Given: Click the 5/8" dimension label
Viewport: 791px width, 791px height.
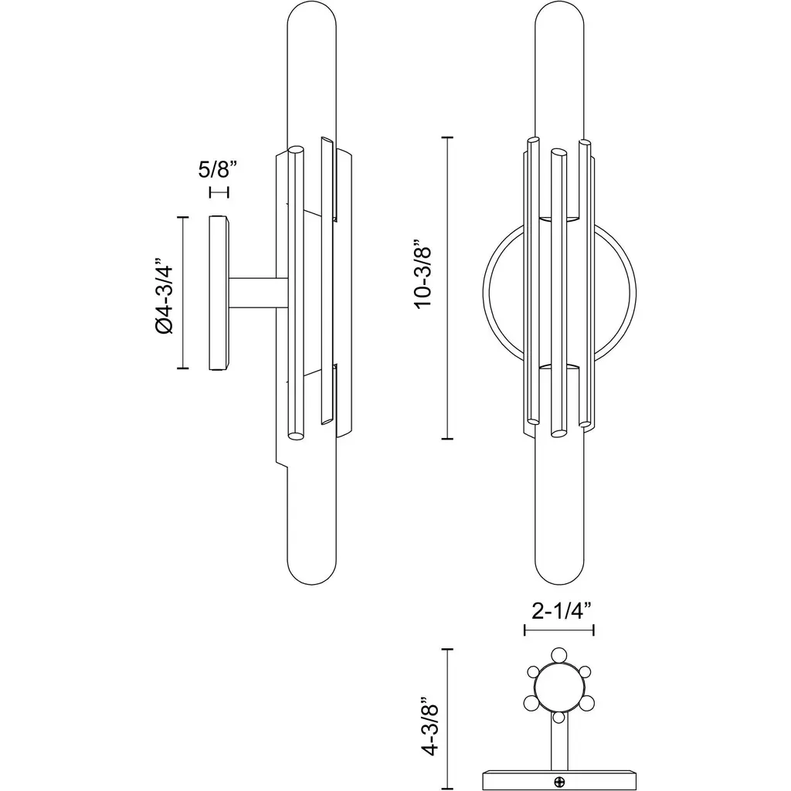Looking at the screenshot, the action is [217, 169].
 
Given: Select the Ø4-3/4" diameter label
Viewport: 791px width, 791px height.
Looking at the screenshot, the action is [165, 296].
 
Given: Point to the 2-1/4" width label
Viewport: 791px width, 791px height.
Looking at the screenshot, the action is [561, 612].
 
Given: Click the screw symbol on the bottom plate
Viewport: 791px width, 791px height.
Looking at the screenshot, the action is [559, 783].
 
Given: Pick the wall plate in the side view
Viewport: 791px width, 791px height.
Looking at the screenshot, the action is [219, 293].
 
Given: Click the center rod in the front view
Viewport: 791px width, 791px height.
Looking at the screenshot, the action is [558, 293].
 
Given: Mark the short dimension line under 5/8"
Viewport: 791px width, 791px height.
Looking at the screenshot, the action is [219, 192].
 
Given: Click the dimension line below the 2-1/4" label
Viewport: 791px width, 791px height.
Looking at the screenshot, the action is [559, 630].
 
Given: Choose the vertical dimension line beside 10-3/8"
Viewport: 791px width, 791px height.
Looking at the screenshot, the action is [447, 287].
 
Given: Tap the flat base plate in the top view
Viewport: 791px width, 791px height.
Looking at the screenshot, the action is [559, 780].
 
